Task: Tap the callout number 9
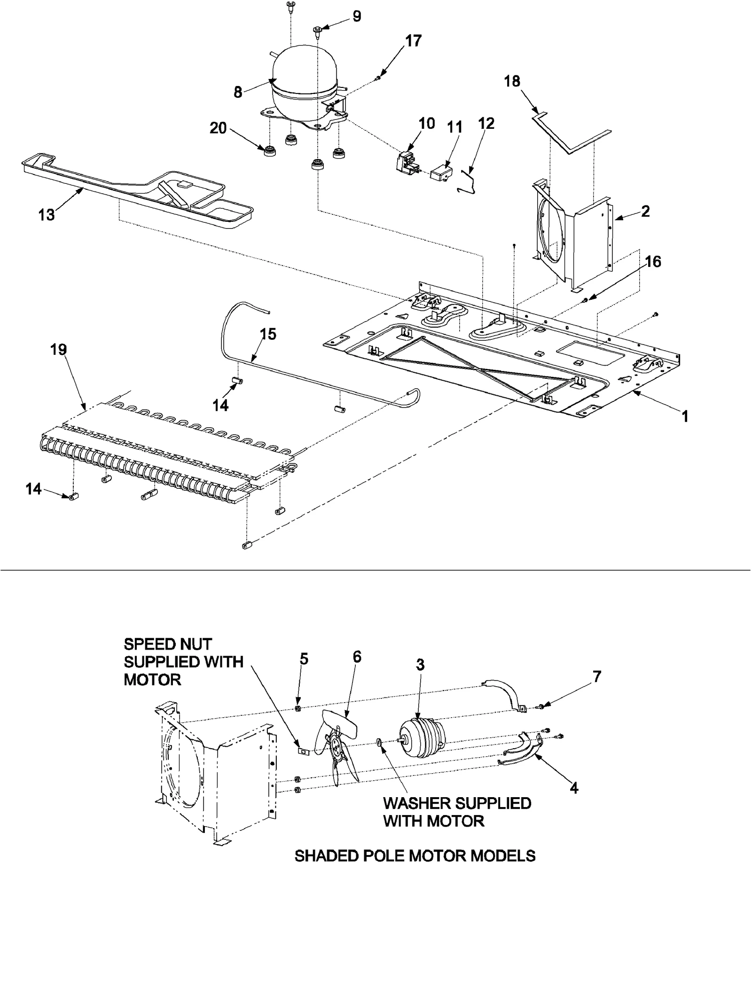pyautogui.click(x=357, y=16)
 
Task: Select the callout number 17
pyautogui.click(x=414, y=41)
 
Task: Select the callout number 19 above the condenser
pyautogui.click(x=59, y=350)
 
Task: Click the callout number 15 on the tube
pyautogui.click(x=268, y=334)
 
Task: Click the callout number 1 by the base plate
pyautogui.click(x=685, y=416)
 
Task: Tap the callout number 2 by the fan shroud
pyautogui.click(x=645, y=211)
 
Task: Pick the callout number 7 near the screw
pyautogui.click(x=597, y=677)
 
